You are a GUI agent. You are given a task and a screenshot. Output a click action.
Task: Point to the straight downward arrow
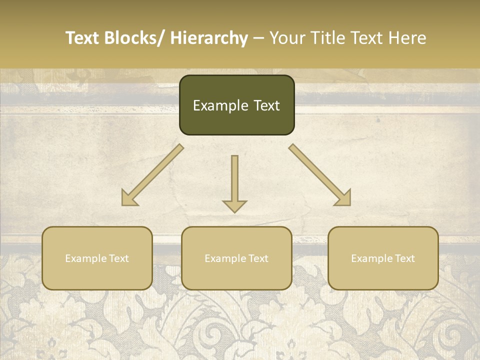(x=234, y=182)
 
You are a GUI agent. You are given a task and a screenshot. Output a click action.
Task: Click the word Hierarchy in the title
(x=209, y=38)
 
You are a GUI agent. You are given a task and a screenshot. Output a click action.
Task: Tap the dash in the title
(x=258, y=38)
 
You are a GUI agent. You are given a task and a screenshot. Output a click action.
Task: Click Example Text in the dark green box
(x=236, y=105)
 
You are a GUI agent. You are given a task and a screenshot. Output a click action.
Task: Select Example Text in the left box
(x=97, y=258)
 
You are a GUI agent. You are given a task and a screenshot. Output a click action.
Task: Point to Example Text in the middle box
(x=236, y=258)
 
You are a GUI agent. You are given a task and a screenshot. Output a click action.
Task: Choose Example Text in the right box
(x=383, y=258)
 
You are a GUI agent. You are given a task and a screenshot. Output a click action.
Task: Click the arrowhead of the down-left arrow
(x=128, y=198)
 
